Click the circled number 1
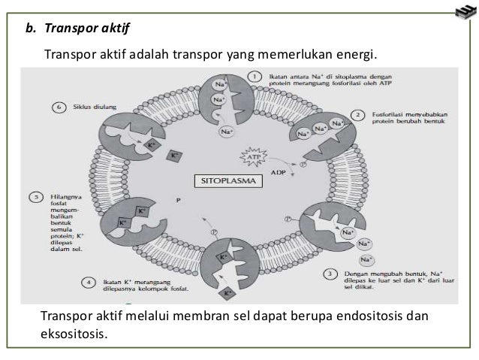tap(255, 76)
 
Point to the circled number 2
tap(360, 115)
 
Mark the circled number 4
tap(87, 282)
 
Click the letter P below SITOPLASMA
tap(178, 200)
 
